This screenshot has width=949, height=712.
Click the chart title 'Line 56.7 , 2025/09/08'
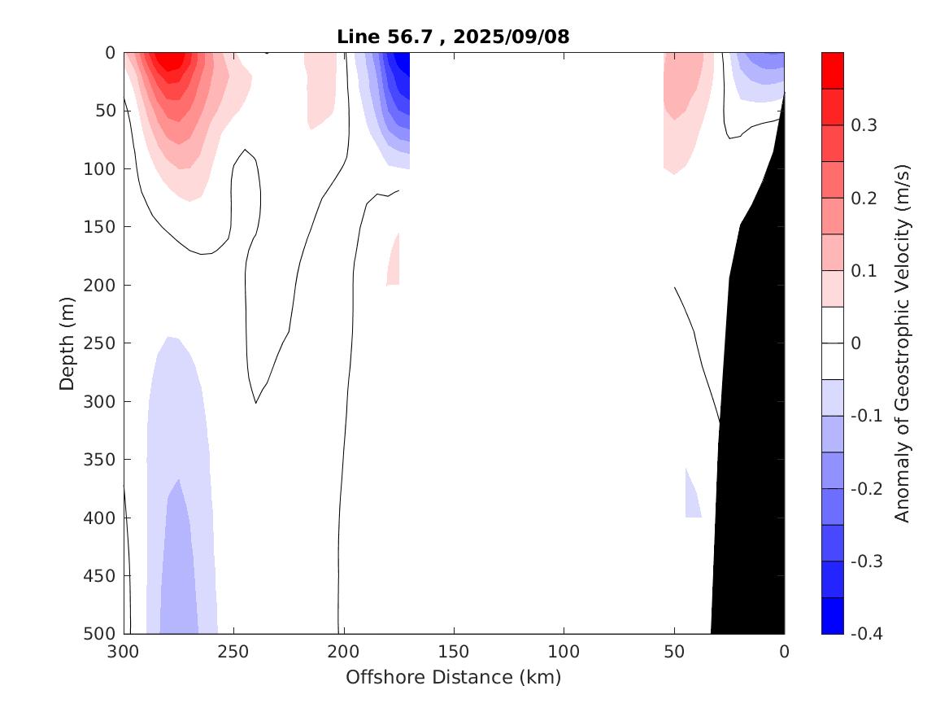[454, 37]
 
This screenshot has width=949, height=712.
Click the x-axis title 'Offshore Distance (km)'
[454, 677]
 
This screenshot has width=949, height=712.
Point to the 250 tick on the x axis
[233, 651]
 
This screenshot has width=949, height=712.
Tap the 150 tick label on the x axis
[454, 651]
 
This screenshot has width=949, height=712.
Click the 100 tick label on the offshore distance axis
[564, 651]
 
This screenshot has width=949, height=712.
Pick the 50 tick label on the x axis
[674, 651]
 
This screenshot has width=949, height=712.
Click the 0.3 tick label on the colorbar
[863, 125]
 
